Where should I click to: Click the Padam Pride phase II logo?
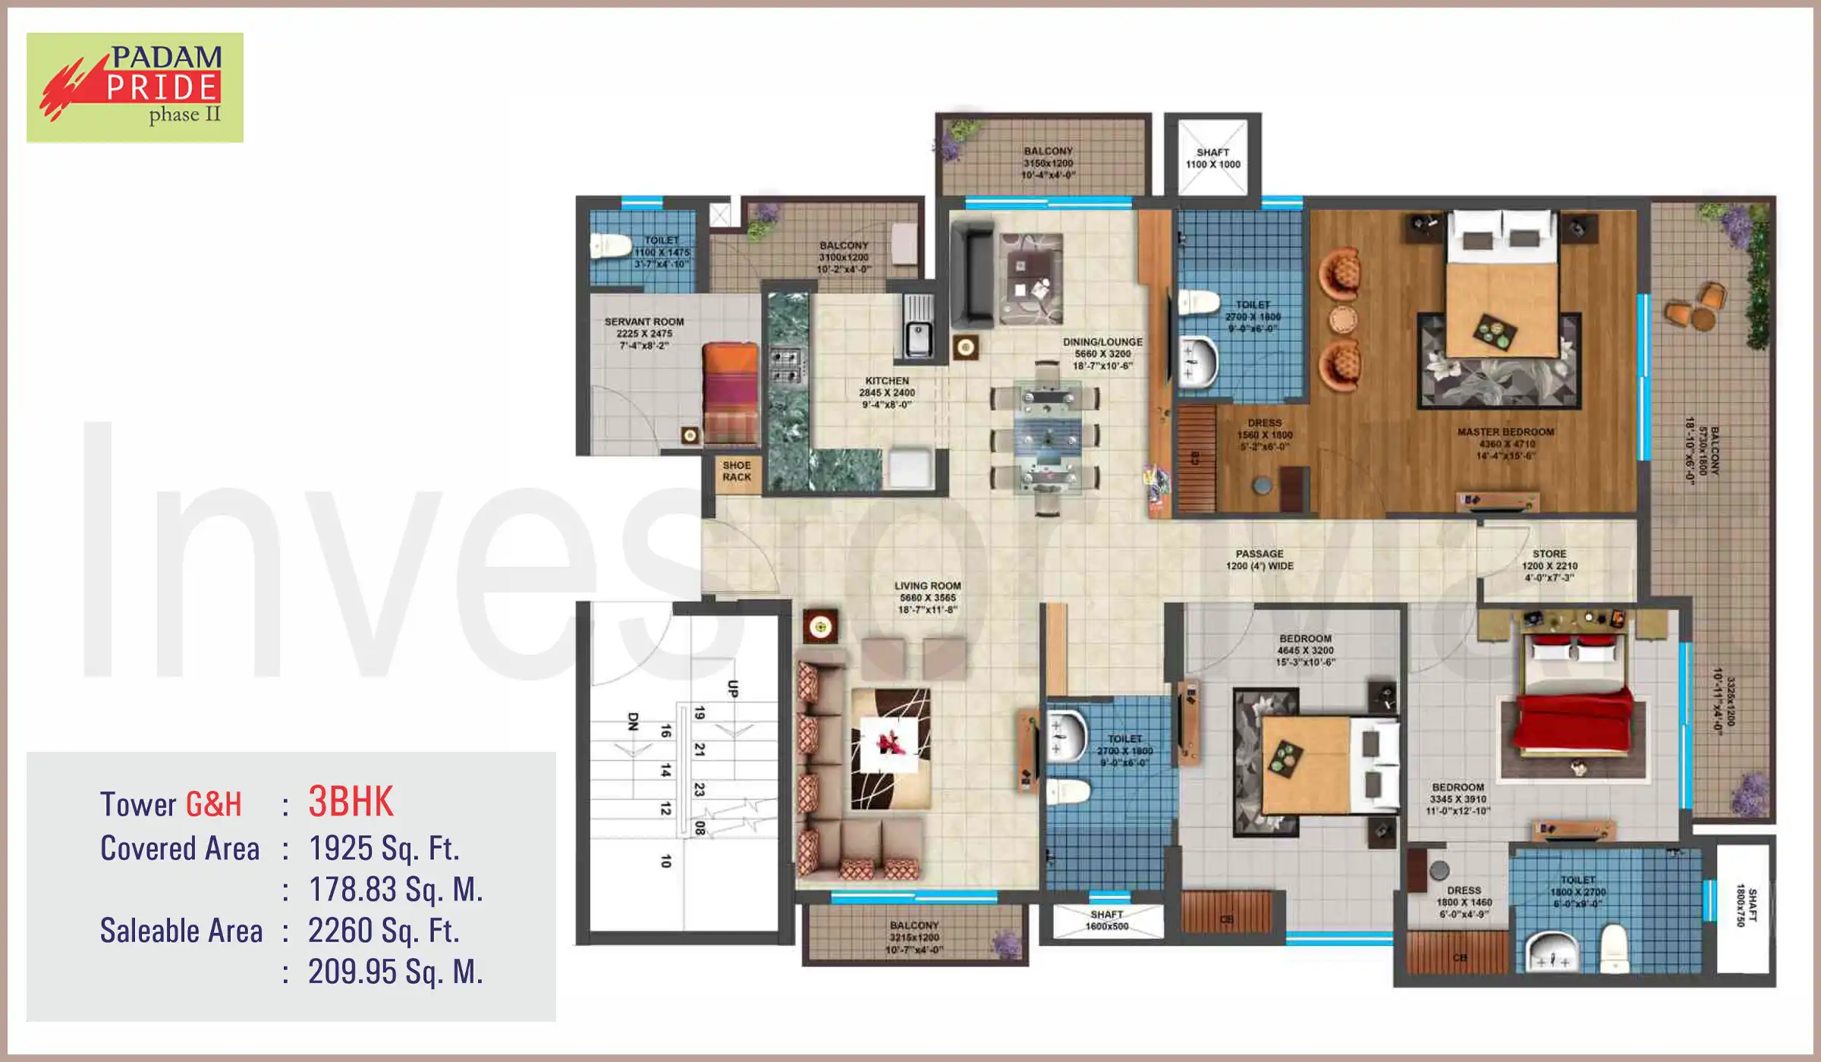tap(135, 87)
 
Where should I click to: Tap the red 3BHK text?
tap(351, 802)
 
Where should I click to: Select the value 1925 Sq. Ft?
tap(384, 848)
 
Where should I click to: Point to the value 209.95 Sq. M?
tap(395, 972)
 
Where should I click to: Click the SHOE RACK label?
tap(736, 471)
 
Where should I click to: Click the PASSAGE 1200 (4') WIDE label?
tap(1260, 560)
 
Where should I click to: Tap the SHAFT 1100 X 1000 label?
tap(1212, 158)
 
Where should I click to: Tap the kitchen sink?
tap(917, 329)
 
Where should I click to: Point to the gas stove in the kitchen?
tap(786, 366)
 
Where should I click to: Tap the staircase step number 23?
tap(699, 789)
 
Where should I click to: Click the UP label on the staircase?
tap(732, 688)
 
